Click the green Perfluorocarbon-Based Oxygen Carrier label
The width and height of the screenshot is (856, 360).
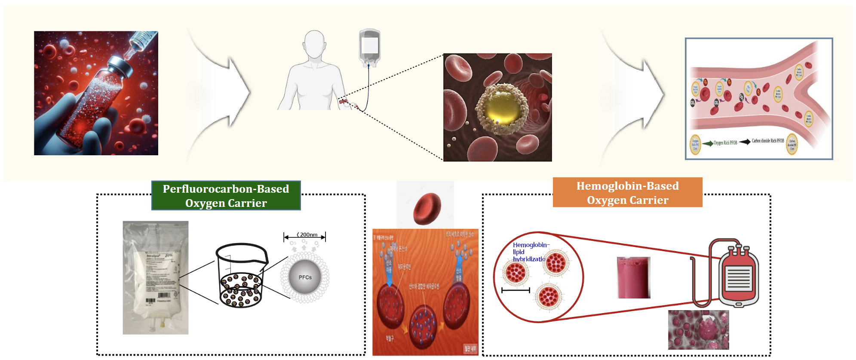click(226, 196)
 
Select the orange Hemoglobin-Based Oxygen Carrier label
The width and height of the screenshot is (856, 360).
click(627, 193)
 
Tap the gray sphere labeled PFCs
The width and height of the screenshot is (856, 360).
click(305, 277)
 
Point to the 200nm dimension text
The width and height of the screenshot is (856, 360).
click(308, 235)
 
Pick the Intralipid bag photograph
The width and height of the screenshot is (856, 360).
click(156, 277)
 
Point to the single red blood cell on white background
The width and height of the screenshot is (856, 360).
click(426, 209)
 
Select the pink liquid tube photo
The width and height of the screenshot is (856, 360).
click(633, 278)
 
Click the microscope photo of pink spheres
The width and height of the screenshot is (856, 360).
click(698, 329)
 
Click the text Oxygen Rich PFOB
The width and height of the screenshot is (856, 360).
click(725, 143)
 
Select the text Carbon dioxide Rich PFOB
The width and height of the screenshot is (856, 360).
click(767, 141)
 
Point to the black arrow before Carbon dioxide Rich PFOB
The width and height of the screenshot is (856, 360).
click(745, 142)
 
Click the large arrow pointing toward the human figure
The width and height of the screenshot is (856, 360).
click(224, 92)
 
